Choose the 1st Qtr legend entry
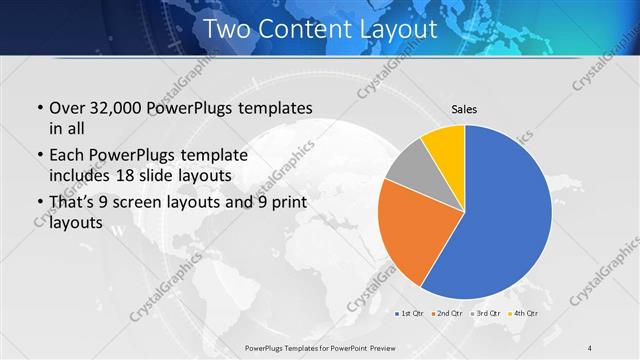(410, 313)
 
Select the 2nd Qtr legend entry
(447, 313)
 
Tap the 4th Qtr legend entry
(525, 313)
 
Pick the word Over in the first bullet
(67, 107)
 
